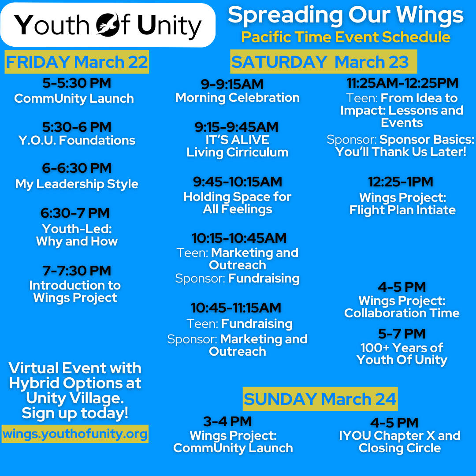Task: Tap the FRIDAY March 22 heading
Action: click(77, 62)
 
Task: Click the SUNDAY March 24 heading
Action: click(320, 399)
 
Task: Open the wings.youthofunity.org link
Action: click(75, 434)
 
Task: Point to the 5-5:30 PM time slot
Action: click(77, 83)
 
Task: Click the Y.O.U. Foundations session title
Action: click(77, 140)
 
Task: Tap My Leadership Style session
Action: click(77, 184)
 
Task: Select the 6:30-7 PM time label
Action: click(75, 213)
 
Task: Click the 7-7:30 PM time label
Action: click(77, 271)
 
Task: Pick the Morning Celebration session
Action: click(238, 98)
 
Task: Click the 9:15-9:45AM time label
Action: click(237, 127)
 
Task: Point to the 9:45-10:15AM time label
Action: click(238, 182)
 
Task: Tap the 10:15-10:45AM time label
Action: click(239, 238)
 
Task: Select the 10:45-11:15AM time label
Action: click(236, 308)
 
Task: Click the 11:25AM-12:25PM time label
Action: click(402, 83)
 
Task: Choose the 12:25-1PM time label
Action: click(401, 182)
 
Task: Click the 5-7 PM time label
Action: click(402, 334)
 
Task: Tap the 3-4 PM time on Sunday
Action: click(228, 421)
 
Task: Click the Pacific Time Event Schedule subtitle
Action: click(346, 37)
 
